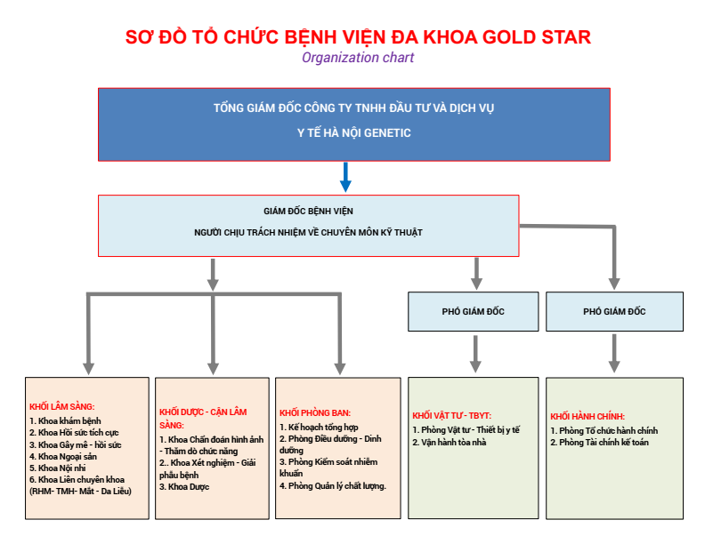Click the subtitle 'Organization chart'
pos(358,58)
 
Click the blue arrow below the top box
pos(345,177)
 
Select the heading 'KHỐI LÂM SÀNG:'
pos(62,406)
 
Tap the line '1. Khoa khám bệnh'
pos(65,421)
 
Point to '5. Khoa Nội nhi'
pos(58,468)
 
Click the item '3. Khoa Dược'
pos(184,486)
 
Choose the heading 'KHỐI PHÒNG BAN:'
pos(315,413)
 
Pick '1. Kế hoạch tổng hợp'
pos(319,428)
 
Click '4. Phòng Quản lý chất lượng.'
pos(333,485)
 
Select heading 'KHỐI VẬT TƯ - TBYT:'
pos(452,416)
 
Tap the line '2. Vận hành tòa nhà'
pos(450,442)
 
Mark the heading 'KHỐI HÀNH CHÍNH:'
pos(587,417)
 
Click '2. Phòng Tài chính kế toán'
pos(599,442)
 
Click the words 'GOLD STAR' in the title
pos(537,36)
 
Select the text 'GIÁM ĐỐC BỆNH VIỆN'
pos(308,211)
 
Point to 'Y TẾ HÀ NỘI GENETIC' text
pos(354,132)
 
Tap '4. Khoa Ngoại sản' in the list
pos(63,457)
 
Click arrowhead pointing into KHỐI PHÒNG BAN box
pos(340,369)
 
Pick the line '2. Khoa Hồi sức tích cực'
pos(74,433)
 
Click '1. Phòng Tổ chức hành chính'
pos(604,430)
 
